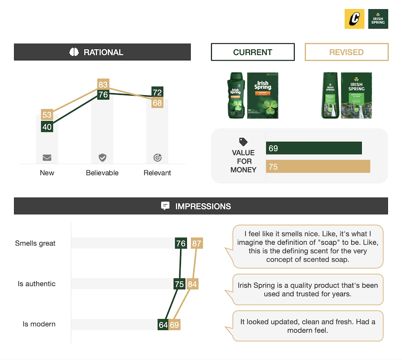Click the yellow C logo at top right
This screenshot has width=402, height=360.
(x=354, y=19)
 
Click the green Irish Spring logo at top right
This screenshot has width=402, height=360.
(x=378, y=19)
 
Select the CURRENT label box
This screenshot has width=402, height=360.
(x=252, y=52)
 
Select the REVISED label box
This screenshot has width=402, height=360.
(x=347, y=52)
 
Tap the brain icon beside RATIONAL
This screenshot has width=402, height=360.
(x=74, y=52)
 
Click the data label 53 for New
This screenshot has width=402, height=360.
(x=47, y=115)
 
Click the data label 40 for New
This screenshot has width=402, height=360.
(x=47, y=127)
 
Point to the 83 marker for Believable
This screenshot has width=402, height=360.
(x=103, y=84)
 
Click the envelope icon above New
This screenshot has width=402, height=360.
(x=47, y=157)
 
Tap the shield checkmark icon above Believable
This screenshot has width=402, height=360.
(x=103, y=157)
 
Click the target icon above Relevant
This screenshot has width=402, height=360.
(x=158, y=157)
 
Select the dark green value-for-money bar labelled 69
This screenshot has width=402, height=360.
(x=314, y=148)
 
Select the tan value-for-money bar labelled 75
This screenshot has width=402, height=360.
(x=318, y=167)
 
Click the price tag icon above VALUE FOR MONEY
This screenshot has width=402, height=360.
(x=243, y=142)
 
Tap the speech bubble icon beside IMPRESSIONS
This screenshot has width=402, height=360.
(x=165, y=206)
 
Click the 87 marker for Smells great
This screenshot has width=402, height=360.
(x=197, y=243)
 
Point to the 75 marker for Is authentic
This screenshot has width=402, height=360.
(x=179, y=284)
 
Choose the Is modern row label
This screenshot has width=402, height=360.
(x=39, y=324)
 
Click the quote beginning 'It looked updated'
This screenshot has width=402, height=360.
(x=308, y=326)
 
